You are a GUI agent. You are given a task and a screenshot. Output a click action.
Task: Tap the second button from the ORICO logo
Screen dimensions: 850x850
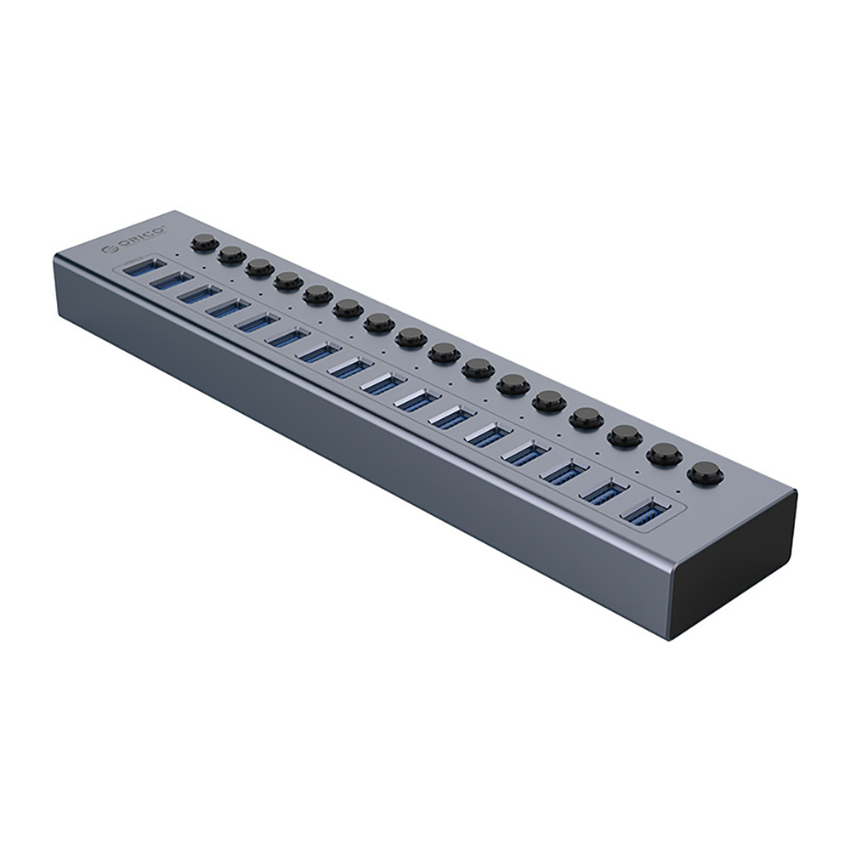tap(231, 254)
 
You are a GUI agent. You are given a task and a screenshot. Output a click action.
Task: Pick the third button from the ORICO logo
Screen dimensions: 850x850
tap(259, 268)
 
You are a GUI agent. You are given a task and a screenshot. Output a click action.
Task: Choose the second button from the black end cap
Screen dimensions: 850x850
tap(664, 454)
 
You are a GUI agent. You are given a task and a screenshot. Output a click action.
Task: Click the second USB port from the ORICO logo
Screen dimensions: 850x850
tap(172, 281)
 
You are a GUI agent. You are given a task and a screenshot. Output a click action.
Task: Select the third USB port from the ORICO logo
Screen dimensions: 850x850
tap(201, 294)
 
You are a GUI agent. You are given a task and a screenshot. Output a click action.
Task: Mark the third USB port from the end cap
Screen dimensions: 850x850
tap(564, 473)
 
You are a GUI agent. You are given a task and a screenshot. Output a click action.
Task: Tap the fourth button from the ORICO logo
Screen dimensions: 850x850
tap(288, 280)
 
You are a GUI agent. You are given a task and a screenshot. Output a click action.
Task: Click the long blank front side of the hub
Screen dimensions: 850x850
tap(357, 442)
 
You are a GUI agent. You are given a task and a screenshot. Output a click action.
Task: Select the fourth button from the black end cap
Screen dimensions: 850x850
tap(587, 417)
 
